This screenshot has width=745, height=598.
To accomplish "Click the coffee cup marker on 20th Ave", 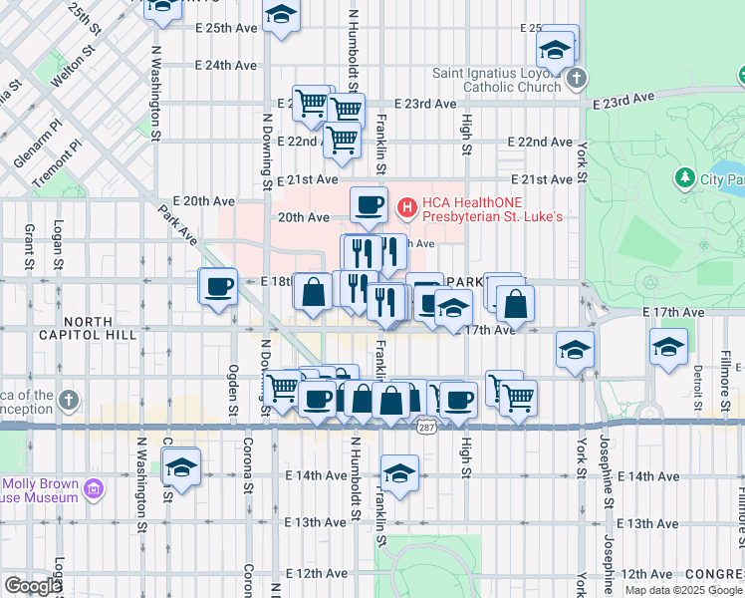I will coord(369,204).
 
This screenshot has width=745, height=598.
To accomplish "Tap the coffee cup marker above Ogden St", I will coord(218,287).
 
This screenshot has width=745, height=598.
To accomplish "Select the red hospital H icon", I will coord(406,207).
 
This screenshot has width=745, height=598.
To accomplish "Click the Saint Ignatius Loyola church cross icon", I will coord(574,79).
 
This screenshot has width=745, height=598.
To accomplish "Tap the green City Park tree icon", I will coord(684,178).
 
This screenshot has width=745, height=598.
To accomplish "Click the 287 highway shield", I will coord(426,427).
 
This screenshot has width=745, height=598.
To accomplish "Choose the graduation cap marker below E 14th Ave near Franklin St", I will coord(399,474).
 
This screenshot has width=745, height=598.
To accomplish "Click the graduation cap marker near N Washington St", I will coord(181,466).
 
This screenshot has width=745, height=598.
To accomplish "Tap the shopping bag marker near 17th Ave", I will coord(515,303).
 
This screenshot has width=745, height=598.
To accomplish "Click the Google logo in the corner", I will coord(32,585).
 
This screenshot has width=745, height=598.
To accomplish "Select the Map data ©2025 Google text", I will coord(683,590).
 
